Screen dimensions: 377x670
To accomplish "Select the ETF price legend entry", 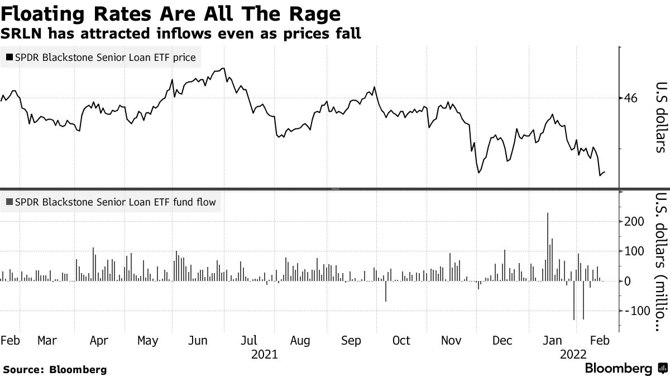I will coord(100,58).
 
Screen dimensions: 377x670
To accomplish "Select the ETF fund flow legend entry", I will coord(111,202).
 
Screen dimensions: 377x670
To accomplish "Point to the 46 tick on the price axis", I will coord(631,98).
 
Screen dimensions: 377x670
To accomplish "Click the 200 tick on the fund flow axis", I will coord(634,222).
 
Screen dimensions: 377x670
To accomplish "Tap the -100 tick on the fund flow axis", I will coord(635,311).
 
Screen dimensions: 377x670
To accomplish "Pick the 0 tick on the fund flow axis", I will coord(628,281).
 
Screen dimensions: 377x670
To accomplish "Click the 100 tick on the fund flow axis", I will coord(634,251).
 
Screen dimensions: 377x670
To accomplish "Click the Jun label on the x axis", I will coord(199,341).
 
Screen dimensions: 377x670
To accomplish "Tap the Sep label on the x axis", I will coord(351,341).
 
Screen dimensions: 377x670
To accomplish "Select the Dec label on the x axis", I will coord(502,341).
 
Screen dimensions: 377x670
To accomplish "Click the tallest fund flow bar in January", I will coord(548,246).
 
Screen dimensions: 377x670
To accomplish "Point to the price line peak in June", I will coord(223,69).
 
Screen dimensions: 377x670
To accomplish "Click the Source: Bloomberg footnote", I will coord(55,369).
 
